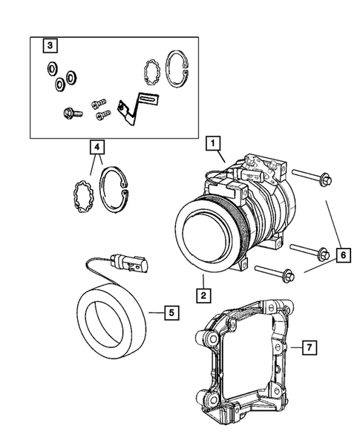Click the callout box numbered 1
tap(213, 143)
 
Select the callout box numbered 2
tap(203, 295)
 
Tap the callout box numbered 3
tap(50, 45)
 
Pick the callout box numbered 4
tap(96, 147)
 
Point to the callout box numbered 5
tap(171, 312)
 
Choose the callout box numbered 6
tap(343, 255)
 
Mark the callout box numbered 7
tap(310, 347)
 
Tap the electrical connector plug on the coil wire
tap(130, 263)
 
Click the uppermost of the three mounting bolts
tap(312, 177)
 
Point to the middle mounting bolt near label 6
tap(310, 250)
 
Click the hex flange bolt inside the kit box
tap(73, 114)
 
